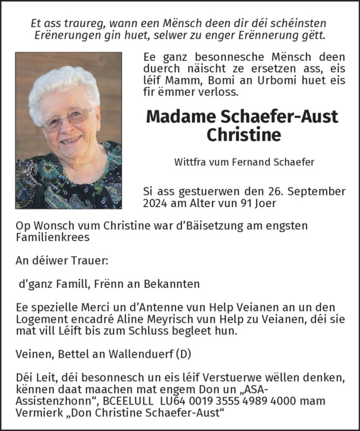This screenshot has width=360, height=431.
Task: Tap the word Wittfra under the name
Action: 190,162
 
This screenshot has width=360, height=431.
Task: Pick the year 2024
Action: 155,202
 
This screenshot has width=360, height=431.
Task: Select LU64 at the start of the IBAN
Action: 175,400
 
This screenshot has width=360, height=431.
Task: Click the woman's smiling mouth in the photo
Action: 71,140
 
